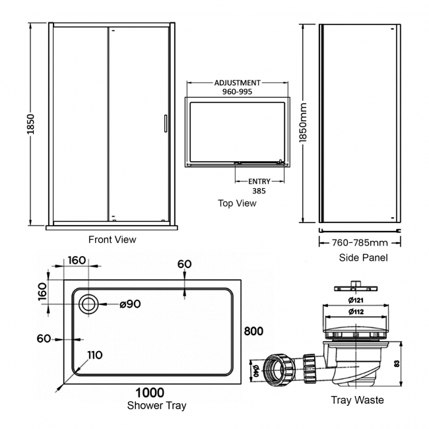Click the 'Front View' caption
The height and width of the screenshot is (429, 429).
[112, 240]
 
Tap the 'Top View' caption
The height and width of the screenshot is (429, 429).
[237, 203]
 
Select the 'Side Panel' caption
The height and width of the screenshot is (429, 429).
[363, 257]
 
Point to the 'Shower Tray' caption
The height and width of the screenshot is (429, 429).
[157, 405]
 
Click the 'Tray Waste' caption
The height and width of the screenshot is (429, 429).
[357, 400]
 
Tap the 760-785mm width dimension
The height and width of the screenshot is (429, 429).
[360, 242]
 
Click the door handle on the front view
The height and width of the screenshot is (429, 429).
[166, 124]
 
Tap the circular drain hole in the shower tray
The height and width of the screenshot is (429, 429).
[88, 304]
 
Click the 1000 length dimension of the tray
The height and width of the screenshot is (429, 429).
[150, 393]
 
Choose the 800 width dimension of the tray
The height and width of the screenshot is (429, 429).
[253, 331]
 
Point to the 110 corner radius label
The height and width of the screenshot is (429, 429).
[94, 355]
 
